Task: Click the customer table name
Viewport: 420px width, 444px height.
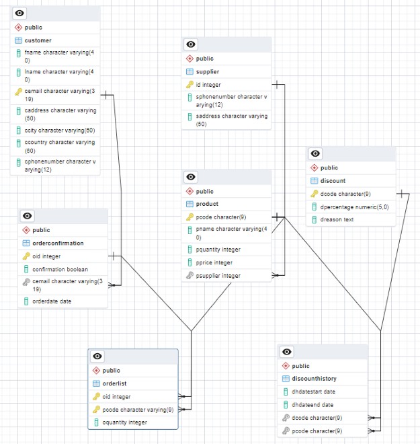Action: (x=38, y=40)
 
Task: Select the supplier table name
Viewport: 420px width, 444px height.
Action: (x=207, y=71)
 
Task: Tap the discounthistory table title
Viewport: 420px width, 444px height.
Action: (x=319, y=379)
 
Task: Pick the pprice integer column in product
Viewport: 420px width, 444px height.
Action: (x=214, y=262)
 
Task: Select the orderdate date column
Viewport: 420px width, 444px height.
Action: (x=52, y=301)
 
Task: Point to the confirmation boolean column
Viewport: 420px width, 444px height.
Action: (x=60, y=269)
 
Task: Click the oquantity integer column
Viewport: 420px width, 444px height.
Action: (x=125, y=422)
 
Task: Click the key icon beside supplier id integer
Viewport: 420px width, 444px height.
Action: (x=190, y=85)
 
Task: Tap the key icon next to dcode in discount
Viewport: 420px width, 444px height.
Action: (x=314, y=194)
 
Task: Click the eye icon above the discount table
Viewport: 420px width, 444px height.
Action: (x=316, y=154)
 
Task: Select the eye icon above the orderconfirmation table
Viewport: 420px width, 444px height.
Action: (x=28, y=216)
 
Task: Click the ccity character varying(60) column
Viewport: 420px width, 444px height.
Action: (x=60, y=130)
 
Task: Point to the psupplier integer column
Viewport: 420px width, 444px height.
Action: (x=218, y=276)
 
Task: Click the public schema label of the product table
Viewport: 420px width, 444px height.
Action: (x=204, y=191)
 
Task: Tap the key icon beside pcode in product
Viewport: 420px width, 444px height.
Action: (x=190, y=217)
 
